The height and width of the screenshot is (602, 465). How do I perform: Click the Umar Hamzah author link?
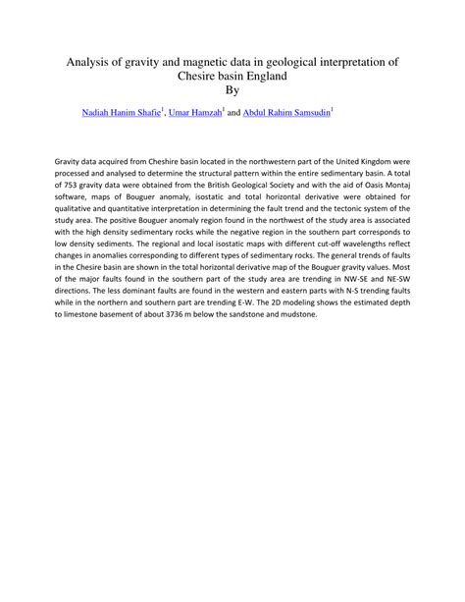(x=195, y=114)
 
